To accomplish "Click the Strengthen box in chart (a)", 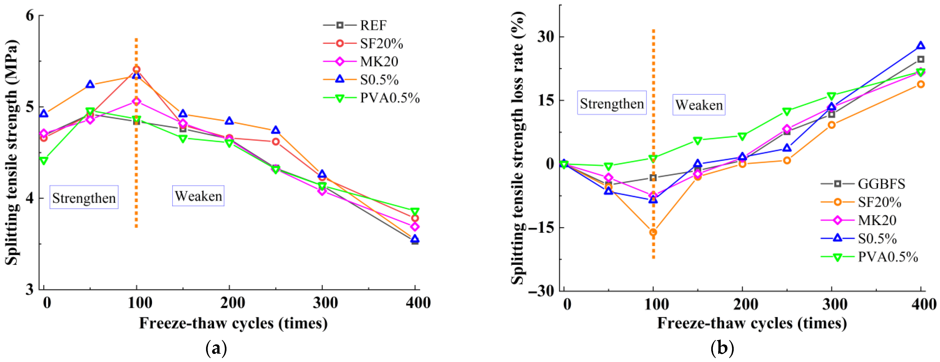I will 84,197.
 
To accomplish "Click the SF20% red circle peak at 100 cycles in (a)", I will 136,69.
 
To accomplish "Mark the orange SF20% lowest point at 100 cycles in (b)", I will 653,232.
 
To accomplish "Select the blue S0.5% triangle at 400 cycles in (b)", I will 921,46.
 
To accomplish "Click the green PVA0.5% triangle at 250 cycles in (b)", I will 787,111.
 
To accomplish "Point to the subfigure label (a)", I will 216,349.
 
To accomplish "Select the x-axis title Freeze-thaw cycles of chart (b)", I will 752,323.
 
